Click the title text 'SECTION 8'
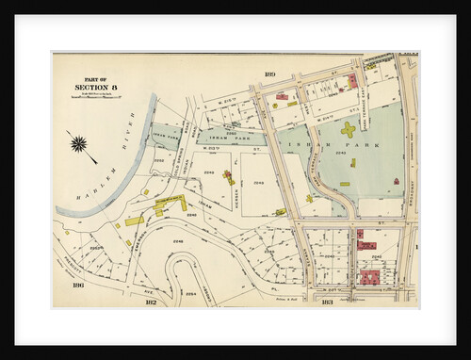click(x=94, y=89)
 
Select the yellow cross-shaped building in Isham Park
click(x=348, y=129)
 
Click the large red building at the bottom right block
click(x=369, y=277)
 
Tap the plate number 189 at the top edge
click(x=269, y=73)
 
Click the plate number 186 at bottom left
click(x=79, y=285)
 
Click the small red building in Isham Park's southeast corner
click(x=396, y=180)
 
